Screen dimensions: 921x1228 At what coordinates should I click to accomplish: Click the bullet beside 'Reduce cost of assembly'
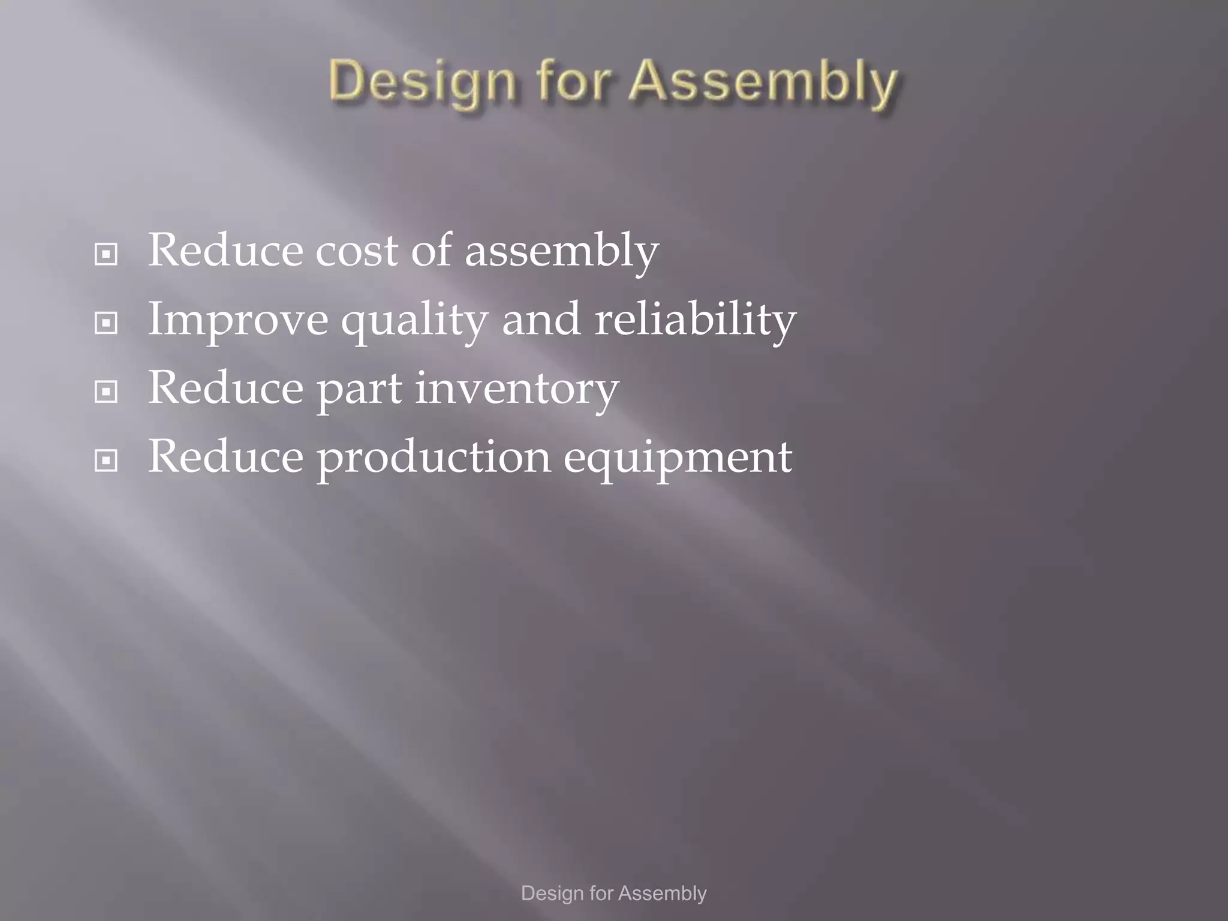point(106,254)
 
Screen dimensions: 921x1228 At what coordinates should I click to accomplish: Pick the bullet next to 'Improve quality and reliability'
point(106,323)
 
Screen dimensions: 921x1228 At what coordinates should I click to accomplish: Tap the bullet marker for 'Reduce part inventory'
point(106,392)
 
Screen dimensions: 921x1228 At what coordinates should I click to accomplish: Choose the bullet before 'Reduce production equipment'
point(106,460)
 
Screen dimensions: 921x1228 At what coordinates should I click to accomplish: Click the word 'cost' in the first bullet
point(356,251)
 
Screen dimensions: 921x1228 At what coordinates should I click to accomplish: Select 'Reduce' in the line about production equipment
point(225,456)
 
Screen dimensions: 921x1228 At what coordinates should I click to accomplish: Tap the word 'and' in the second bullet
point(541,319)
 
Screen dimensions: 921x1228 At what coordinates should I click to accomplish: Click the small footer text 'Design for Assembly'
point(613,893)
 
